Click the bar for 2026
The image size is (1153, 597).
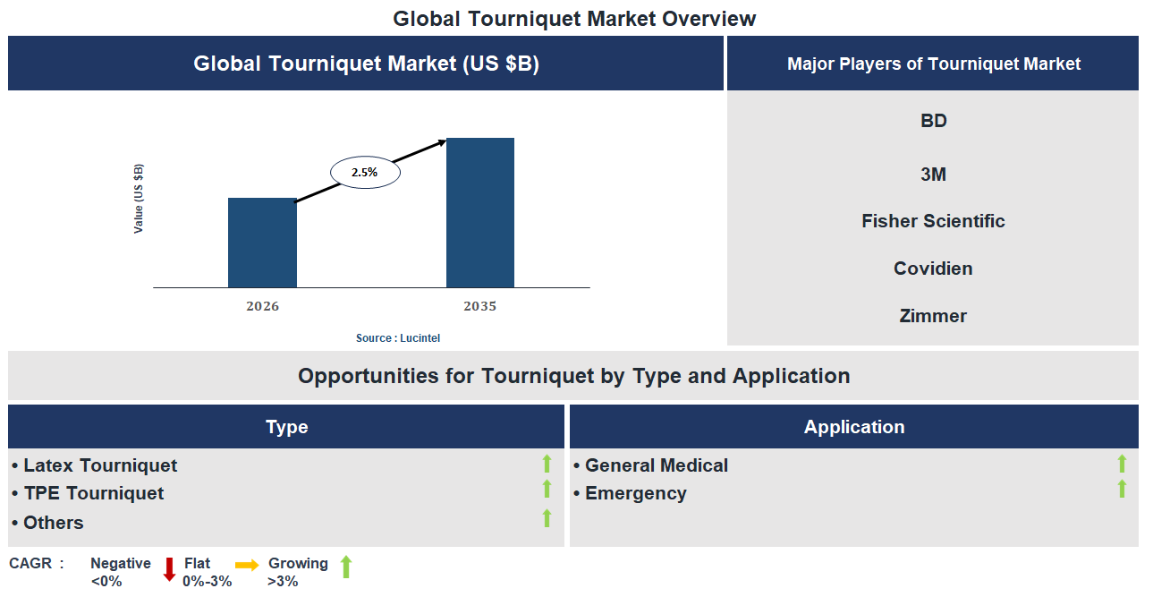point(262,243)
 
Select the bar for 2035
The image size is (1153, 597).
point(480,213)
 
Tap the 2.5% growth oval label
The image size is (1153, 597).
point(365,172)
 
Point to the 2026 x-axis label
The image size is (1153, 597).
point(262,306)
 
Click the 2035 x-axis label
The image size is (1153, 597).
point(479,306)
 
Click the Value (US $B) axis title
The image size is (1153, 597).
point(139,199)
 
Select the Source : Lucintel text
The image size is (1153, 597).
point(398,338)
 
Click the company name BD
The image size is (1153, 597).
point(933,121)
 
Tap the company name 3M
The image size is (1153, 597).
point(933,175)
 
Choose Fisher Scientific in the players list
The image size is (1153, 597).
point(933,221)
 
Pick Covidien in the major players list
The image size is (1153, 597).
point(933,269)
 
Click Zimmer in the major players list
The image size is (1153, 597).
point(933,316)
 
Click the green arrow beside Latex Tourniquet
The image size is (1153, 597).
point(547,464)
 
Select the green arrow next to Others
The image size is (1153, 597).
point(547,518)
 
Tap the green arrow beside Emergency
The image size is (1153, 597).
point(1122,489)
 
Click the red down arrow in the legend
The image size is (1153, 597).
point(169,569)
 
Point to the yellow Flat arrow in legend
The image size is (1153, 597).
point(247,565)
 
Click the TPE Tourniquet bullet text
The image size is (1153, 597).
point(93,493)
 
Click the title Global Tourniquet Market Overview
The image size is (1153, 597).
point(574,19)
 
